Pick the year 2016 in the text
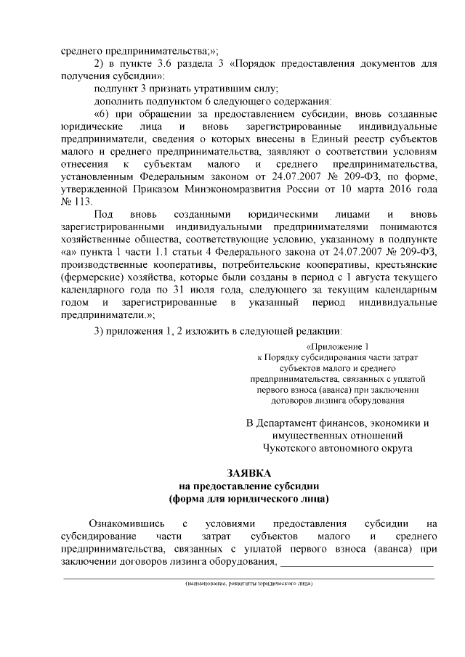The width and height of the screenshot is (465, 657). [402, 189]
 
